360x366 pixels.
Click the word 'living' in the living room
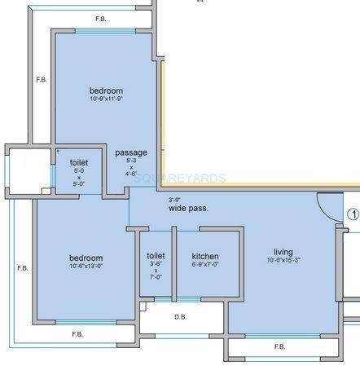[283, 252]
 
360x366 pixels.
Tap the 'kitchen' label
[204, 256]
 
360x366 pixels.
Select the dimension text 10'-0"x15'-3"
[283, 261]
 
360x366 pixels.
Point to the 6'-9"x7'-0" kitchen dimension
[204, 265]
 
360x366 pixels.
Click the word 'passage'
[131, 152]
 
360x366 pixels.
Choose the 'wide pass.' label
[188, 209]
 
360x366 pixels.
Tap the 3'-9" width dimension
[173, 200]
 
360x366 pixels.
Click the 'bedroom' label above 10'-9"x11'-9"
[106, 90]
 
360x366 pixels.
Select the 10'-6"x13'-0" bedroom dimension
[86, 266]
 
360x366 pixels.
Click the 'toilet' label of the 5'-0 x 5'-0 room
[79, 163]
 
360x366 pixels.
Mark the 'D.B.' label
[182, 319]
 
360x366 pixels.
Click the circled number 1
[353, 215]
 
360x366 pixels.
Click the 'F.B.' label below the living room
[280, 346]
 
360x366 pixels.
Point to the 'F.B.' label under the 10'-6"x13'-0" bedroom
[77, 334]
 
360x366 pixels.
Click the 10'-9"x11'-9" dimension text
[106, 99]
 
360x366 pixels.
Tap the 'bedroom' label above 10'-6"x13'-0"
[86, 258]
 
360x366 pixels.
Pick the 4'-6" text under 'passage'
[131, 173]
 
